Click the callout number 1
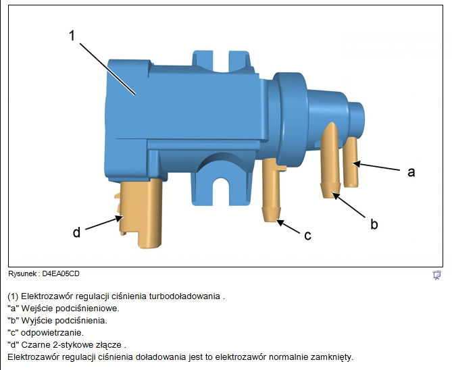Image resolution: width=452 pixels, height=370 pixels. [x=72, y=36]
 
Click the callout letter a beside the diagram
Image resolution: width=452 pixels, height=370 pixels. [x=411, y=172]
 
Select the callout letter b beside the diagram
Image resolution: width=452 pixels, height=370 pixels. [x=374, y=223]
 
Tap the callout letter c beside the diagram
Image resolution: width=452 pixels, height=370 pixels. [x=307, y=236]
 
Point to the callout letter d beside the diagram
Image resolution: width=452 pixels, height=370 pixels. [x=76, y=232]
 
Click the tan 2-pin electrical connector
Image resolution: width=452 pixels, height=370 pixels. [x=141, y=213]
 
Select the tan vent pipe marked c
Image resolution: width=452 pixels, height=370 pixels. [x=272, y=190]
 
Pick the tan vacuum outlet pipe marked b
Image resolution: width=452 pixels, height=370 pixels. [x=331, y=161]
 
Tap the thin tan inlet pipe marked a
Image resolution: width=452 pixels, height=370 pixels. [x=351, y=162]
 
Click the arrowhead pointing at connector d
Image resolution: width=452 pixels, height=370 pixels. [x=120, y=218]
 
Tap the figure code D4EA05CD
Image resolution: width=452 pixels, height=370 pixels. [x=61, y=273]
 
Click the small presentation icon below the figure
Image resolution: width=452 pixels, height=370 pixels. [x=436, y=275]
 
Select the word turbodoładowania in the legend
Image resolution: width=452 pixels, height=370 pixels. [x=184, y=296]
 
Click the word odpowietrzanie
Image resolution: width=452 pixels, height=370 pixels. [x=52, y=333]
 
